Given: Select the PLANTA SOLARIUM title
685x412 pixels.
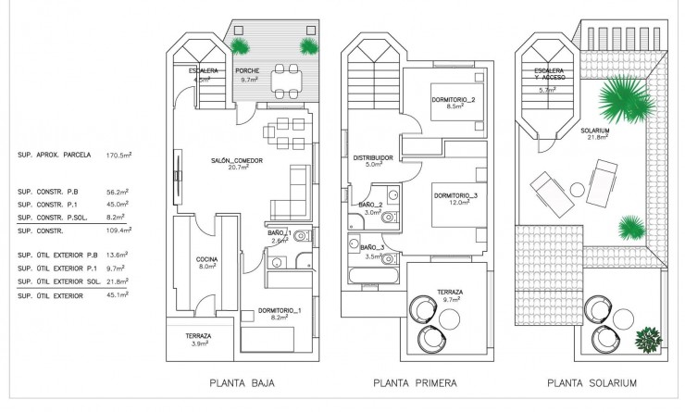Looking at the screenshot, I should pyautogui.click(x=592, y=381).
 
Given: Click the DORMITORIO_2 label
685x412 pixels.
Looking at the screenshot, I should pyautogui.click(x=454, y=100).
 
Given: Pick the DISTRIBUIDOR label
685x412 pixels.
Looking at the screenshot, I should pyautogui.click(x=374, y=157).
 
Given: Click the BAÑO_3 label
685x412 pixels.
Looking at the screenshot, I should pyautogui.click(x=372, y=247).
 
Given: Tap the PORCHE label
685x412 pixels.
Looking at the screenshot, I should pyautogui.click(x=247, y=71).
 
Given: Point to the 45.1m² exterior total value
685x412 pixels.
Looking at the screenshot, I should pyautogui.click(x=119, y=295).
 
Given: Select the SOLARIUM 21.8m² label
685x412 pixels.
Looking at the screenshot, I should pyautogui.click(x=595, y=133).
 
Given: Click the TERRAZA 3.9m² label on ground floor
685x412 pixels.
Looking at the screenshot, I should pyautogui.click(x=197, y=338).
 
